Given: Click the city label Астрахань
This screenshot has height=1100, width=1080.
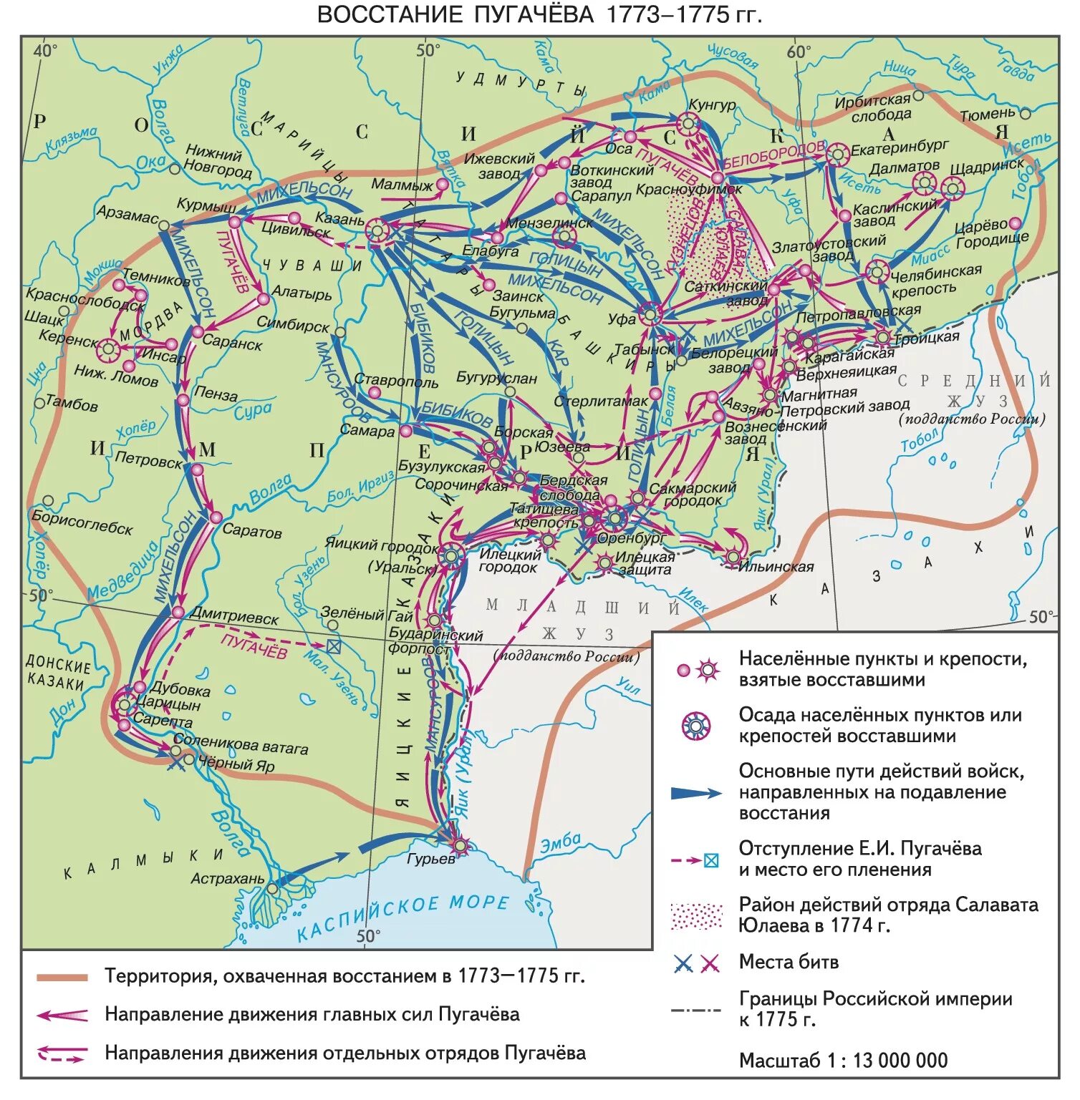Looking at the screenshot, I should [x=227, y=878].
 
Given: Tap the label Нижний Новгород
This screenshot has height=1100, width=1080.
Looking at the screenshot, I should [x=217, y=162].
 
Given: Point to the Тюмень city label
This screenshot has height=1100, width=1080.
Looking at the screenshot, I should [x=987, y=115].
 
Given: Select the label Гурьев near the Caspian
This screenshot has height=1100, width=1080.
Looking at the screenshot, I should [x=430, y=858].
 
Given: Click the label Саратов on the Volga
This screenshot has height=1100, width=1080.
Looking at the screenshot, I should [x=251, y=532].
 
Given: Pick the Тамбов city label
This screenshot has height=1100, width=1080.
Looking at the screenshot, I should [x=72, y=404].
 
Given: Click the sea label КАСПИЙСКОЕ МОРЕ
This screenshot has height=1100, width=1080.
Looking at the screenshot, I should [x=402, y=916].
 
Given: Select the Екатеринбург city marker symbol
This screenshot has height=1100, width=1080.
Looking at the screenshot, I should [x=836, y=153].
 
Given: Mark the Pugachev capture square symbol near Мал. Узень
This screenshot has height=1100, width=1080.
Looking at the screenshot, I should [x=333, y=646].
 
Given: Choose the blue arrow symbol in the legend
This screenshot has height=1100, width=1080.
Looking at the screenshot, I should [x=695, y=793].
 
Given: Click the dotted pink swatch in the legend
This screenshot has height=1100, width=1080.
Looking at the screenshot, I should [x=695, y=916].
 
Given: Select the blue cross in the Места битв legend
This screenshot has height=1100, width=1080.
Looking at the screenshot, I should [x=683, y=964].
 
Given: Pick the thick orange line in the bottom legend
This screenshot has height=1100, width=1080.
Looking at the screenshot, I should [x=62, y=977].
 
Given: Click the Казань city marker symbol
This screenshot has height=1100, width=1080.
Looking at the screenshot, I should [x=377, y=230].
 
